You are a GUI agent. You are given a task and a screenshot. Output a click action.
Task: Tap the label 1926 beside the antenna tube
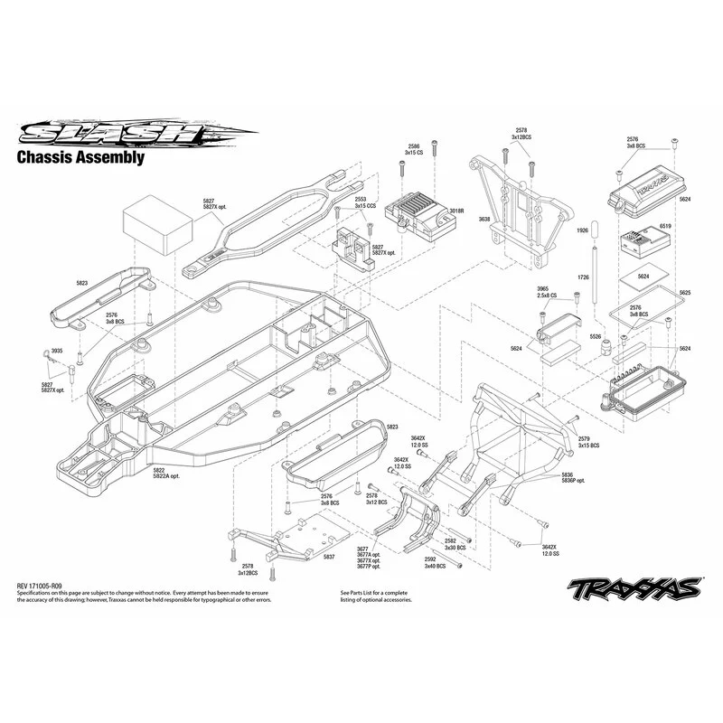click(x=582, y=231)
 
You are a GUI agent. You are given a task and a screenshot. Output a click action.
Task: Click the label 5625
click(x=684, y=293)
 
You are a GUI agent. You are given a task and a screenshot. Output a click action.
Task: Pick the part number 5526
click(x=595, y=336)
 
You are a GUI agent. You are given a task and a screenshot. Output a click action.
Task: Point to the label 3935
click(x=57, y=350)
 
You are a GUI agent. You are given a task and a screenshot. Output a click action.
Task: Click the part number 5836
click(x=567, y=474)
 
